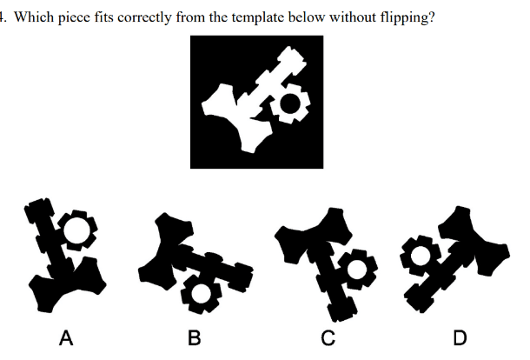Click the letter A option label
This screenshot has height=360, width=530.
point(66,337)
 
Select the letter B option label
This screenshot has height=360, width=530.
point(195,337)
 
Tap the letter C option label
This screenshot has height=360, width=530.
point(328,337)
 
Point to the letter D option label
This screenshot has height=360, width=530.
point(460,337)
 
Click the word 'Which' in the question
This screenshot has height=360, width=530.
point(34,17)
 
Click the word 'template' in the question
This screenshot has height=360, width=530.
point(258,17)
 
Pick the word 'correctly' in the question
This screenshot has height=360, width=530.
point(144,17)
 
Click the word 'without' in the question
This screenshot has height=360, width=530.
point(353,17)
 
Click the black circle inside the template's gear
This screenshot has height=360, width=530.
point(289,103)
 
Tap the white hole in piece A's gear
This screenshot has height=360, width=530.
point(76,230)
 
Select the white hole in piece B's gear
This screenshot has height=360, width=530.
point(201,294)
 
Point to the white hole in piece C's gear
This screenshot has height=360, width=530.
point(357,269)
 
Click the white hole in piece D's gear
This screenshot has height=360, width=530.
point(421,256)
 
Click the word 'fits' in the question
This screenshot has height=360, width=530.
point(103,17)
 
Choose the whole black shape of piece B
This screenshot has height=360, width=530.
point(195,263)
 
